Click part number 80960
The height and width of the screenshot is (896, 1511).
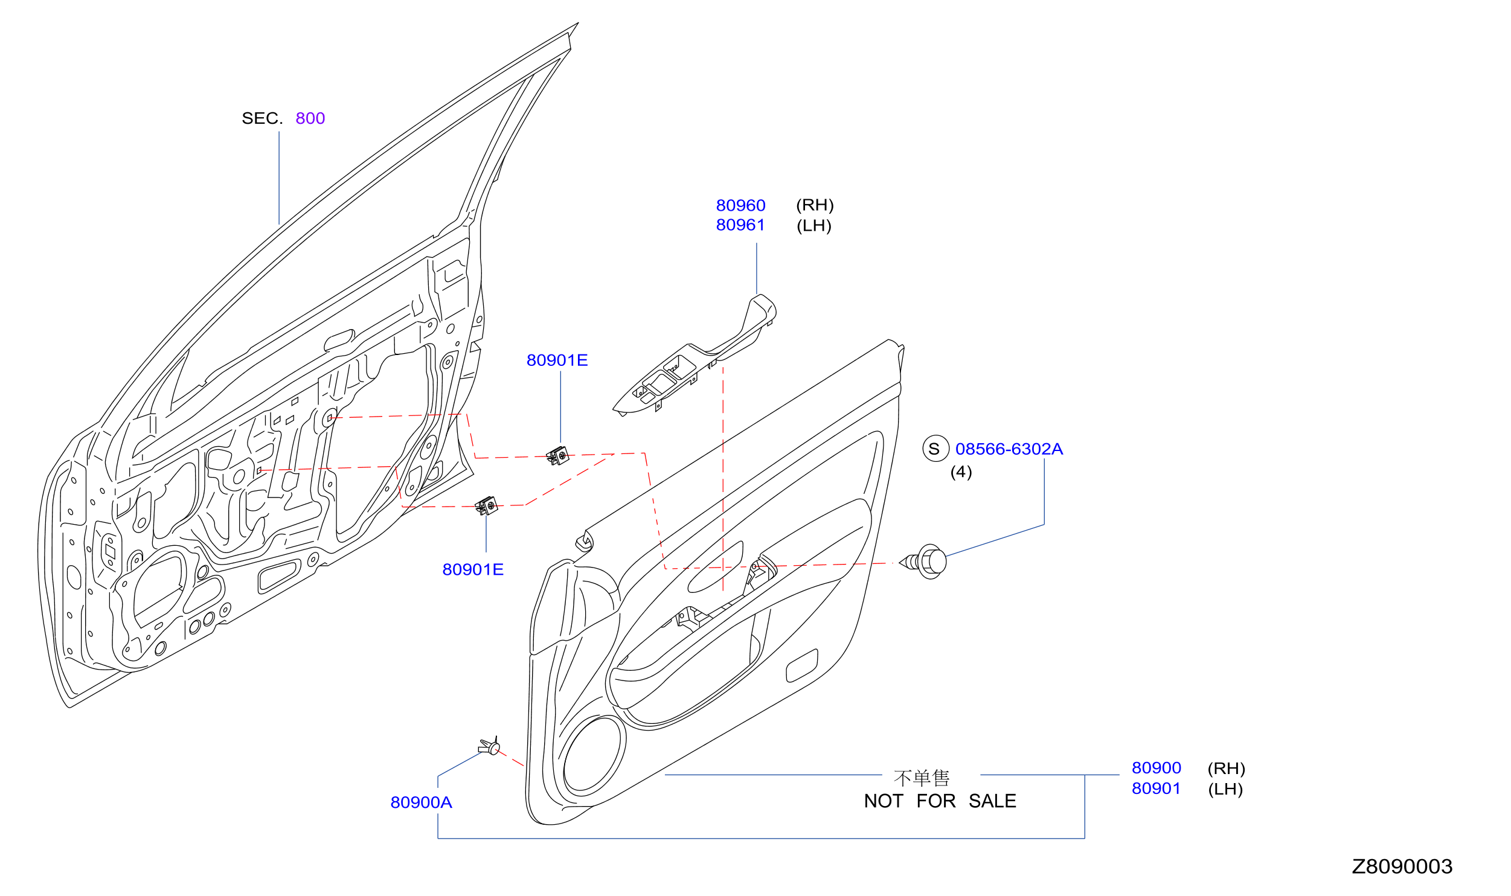coord(740,205)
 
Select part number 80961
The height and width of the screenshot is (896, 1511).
coord(740,225)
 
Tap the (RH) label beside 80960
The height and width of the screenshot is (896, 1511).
coord(815,205)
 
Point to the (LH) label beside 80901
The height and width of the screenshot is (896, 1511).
coord(1225,789)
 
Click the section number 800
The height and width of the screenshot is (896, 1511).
coord(310,118)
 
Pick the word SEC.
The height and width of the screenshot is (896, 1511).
coord(262,118)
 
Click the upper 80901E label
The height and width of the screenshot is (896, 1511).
coord(557,360)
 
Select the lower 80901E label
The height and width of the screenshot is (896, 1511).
coord(473,570)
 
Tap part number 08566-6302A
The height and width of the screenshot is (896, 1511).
coord(1009,449)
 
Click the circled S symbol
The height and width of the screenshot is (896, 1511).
coord(935,449)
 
